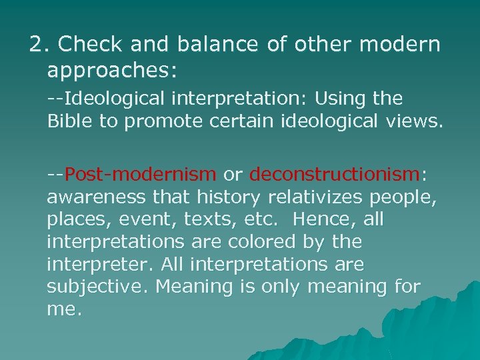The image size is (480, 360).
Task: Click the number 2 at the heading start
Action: (35, 45)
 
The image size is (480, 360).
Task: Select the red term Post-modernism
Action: (140, 175)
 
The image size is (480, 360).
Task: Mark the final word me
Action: (63, 309)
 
